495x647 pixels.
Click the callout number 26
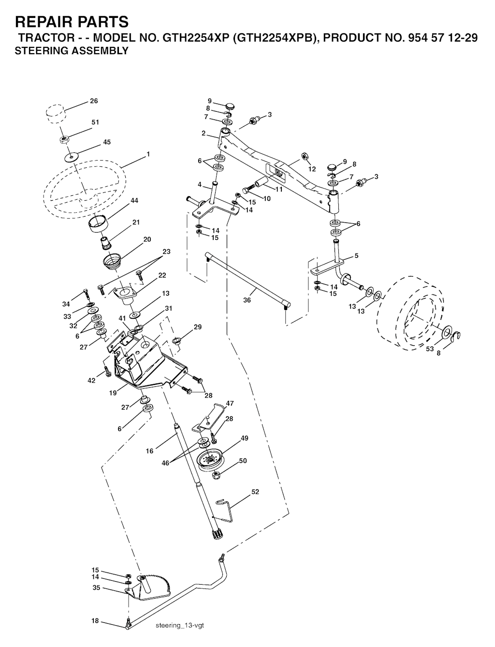94,101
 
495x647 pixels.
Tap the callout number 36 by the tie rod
247,300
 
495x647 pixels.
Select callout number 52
255,492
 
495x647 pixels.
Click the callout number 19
113,393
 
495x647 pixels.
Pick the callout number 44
134,201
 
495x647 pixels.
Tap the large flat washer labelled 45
71,157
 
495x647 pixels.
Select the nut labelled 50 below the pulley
217,475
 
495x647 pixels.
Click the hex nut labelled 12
305,156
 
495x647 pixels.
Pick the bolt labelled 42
107,372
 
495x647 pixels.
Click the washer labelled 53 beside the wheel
448,332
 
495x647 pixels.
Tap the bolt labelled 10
249,189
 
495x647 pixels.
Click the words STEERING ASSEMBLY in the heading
72,51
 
